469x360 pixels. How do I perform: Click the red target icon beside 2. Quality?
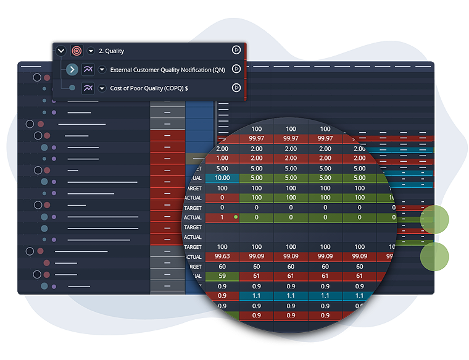[77, 51]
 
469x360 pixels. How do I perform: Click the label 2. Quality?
[111, 51]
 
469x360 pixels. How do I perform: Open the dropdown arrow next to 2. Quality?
[91, 51]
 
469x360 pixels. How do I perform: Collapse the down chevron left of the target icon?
[60, 51]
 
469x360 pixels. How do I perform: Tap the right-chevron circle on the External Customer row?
[72, 70]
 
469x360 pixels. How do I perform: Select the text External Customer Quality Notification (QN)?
[167, 70]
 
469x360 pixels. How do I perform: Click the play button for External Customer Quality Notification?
[236, 69]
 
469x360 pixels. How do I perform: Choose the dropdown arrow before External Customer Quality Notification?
[102, 70]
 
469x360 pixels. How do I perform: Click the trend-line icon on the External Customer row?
[88, 70]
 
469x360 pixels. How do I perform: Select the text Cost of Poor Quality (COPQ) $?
[149, 88]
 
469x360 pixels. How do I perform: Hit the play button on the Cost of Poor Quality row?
[236, 88]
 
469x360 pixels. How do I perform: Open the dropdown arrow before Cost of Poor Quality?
[102, 88]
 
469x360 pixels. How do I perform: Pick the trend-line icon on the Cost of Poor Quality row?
[88, 88]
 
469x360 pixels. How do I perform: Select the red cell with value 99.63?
[222, 256]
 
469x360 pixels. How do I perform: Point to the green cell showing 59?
[222, 276]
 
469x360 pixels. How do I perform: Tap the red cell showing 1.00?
[222, 159]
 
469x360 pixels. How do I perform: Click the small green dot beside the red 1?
[236, 217]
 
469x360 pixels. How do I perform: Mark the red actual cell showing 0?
[222, 198]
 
